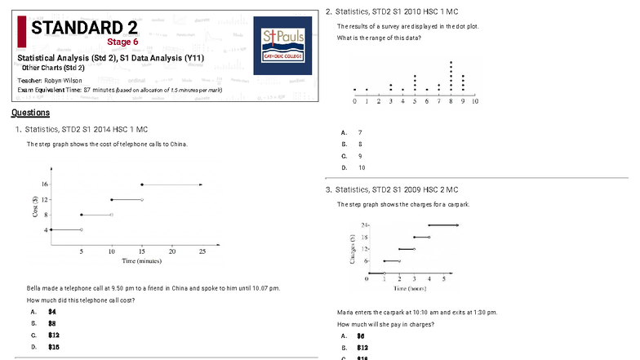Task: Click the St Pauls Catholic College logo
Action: (x=282, y=47)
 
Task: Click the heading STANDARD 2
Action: (x=84, y=28)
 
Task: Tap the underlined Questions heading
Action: (x=30, y=113)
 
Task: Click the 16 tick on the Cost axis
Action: (x=46, y=185)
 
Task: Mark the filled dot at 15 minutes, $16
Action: (x=142, y=185)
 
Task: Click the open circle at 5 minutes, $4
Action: (x=82, y=229)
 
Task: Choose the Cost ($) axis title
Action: (x=35, y=207)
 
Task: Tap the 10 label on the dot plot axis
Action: (x=474, y=102)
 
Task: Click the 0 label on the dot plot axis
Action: (x=354, y=102)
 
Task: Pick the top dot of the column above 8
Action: (x=451, y=62)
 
